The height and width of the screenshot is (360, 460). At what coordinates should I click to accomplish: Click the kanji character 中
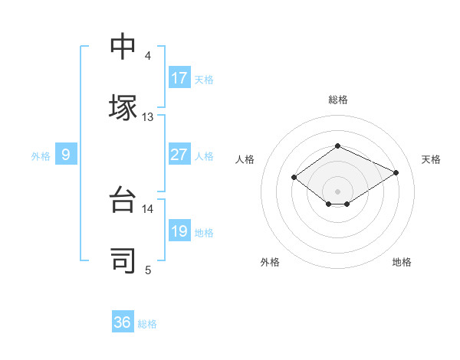[123, 46]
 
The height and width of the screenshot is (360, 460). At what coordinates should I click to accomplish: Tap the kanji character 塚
[123, 107]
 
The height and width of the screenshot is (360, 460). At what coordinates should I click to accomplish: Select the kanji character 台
[123, 199]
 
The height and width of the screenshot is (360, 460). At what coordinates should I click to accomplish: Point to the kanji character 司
[123, 260]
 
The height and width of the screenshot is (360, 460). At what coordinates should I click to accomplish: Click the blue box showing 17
[179, 78]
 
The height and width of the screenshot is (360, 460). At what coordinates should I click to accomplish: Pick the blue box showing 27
[179, 155]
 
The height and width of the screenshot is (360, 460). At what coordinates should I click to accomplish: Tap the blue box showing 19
[179, 231]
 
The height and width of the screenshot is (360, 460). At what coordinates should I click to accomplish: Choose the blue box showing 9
[66, 155]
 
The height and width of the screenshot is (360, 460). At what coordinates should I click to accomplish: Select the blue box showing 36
[123, 322]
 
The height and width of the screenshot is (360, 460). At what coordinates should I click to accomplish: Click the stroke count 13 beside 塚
[147, 117]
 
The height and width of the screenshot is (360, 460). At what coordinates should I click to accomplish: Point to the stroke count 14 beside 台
[147, 208]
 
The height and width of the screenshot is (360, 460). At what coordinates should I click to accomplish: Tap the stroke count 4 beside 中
[148, 56]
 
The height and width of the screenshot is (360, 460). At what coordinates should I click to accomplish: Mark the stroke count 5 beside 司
[148, 270]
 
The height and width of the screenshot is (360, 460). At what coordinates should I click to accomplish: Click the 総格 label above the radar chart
[337, 100]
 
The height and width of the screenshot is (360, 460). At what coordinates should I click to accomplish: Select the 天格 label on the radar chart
[431, 159]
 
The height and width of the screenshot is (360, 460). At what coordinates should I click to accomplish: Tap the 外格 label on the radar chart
[270, 263]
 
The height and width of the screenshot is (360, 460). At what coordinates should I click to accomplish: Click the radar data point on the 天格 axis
[396, 172]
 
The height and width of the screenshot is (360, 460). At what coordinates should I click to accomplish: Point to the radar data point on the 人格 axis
[294, 178]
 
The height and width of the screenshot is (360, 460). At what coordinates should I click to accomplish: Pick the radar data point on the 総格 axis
[337, 146]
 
